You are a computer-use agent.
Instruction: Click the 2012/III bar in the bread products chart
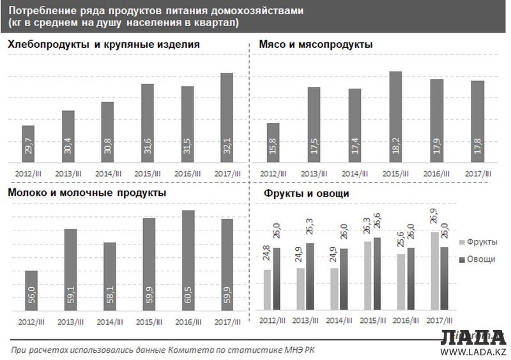pos(28,144)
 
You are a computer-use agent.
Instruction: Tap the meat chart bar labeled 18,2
pos(395,117)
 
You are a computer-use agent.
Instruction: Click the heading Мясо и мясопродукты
pos(316,45)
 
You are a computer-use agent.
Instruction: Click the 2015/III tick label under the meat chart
pos(395,174)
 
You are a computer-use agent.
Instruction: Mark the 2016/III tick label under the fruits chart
pos(402,320)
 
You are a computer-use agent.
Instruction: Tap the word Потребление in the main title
pos(38,10)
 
